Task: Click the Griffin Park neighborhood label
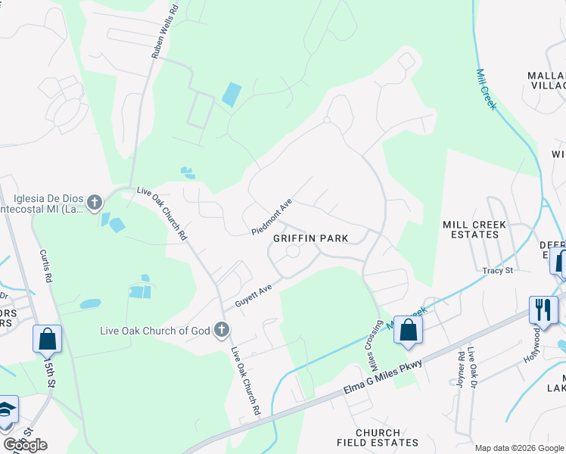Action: click(310, 238)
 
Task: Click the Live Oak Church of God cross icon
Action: click(221, 329)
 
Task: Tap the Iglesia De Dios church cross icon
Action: click(95, 202)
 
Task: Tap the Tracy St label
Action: click(499, 270)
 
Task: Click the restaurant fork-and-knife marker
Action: click(543, 309)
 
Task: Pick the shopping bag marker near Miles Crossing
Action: click(408, 331)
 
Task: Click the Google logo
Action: click(25, 445)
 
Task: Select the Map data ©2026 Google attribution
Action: click(520, 447)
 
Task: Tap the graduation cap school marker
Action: click(7, 409)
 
